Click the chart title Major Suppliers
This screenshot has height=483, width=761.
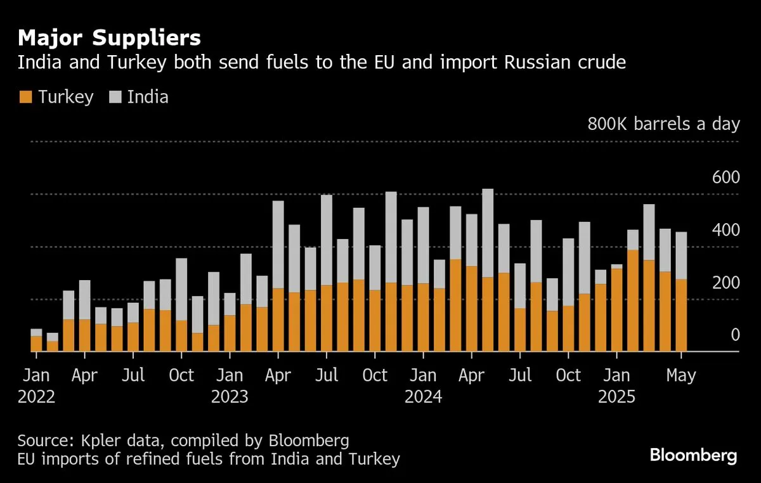[109, 38]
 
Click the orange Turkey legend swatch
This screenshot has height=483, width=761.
[25, 97]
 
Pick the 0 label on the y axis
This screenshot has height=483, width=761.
[735, 335]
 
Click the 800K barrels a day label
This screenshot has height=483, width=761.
[664, 124]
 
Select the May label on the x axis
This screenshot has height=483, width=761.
[682, 375]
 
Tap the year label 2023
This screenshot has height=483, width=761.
[230, 397]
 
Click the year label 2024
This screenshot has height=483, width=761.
[424, 397]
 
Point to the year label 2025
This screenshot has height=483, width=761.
[617, 397]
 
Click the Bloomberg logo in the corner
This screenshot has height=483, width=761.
[693, 455]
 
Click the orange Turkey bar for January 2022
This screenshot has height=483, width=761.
[37, 343]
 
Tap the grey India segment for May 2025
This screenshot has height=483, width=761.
[682, 255]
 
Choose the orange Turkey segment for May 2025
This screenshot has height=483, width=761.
[682, 315]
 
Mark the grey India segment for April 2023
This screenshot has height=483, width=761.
[278, 245]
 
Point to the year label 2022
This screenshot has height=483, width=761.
[37, 397]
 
